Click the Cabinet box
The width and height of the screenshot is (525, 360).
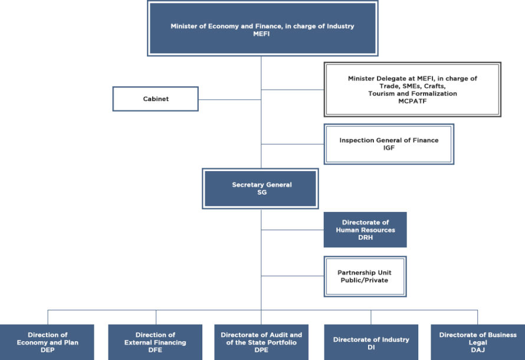click(156, 99)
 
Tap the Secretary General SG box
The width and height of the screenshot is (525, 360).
click(261, 189)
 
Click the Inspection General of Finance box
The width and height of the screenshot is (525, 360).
click(389, 144)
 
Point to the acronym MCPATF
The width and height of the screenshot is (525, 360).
click(412, 101)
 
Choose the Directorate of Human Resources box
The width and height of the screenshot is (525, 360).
click(365, 230)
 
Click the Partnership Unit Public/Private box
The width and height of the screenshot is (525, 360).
click(365, 276)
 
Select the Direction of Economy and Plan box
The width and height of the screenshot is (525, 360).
click(47, 342)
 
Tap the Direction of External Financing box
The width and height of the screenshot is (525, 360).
click(155, 342)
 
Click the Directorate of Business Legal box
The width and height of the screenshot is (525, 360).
click(477, 342)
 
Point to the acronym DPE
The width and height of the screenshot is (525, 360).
click(261, 350)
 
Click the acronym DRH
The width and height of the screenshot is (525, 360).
click(365, 237)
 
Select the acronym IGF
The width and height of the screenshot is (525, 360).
click(389, 148)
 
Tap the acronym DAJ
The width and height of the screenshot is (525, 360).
click(477, 350)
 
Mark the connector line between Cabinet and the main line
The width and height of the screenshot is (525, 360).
click(230, 99)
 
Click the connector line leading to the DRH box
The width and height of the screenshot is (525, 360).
click(292, 230)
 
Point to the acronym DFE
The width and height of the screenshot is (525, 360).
click(155, 350)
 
